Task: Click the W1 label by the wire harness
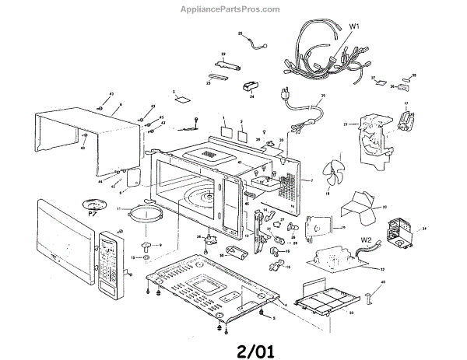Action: (x=354, y=26)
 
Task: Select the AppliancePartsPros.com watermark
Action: (x=233, y=9)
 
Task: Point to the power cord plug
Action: (x=286, y=96)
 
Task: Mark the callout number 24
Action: (x=252, y=96)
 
